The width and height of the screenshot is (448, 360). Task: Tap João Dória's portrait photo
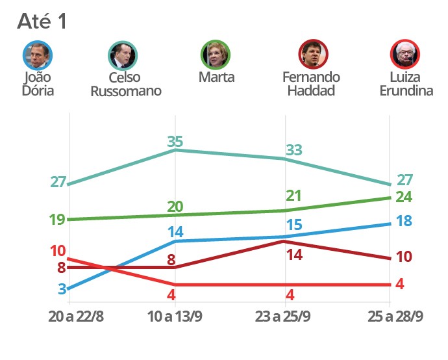(38, 55)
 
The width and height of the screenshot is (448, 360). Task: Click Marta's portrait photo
(217, 55)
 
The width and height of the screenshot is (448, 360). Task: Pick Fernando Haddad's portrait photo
(313, 55)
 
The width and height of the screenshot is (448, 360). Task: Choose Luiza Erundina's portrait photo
(406, 55)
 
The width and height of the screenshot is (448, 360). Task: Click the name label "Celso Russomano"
(126, 84)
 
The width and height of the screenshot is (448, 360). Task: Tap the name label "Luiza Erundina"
(406, 84)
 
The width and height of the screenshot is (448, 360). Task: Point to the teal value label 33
(293, 149)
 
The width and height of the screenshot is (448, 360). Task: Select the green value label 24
(404, 196)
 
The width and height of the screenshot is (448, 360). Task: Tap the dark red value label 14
(295, 254)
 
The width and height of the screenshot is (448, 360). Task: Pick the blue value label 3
(62, 289)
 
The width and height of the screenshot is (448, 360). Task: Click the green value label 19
(57, 219)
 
